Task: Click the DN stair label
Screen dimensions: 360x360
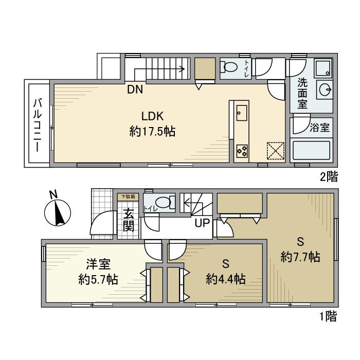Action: pos(135,90)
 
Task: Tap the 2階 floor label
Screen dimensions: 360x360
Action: pos(329,177)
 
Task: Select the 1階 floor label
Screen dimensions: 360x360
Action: pos(329,317)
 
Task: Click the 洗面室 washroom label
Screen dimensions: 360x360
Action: pos(303,93)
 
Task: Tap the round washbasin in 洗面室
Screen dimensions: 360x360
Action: pos(326,89)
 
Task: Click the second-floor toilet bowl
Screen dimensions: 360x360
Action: pos(230,67)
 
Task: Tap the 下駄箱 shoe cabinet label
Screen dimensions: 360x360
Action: pos(127,196)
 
